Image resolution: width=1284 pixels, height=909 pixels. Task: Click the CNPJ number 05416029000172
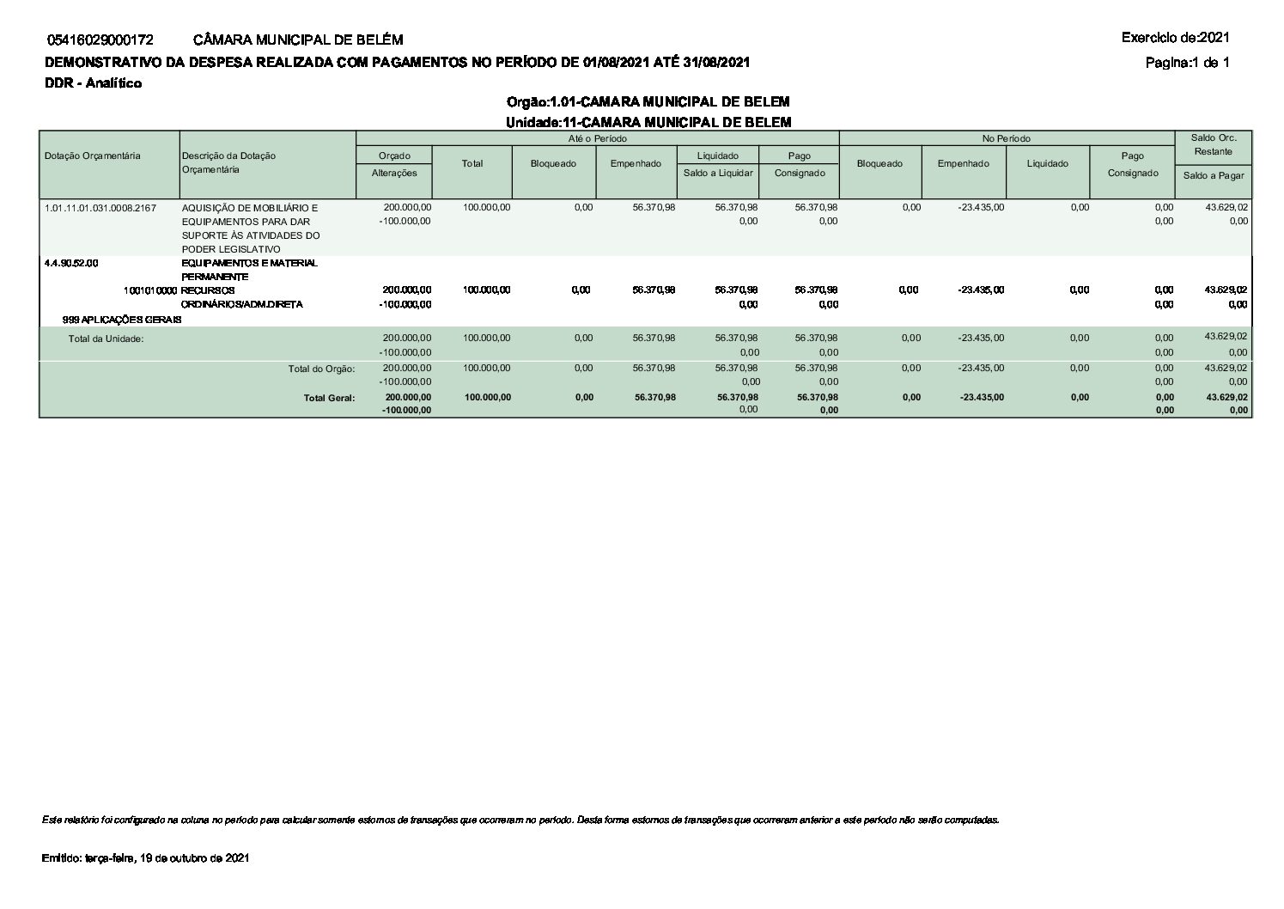[x=100, y=40]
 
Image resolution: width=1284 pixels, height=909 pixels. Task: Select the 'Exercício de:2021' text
[x=1175, y=37]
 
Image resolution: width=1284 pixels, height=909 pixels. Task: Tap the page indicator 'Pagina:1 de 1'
[x=1187, y=62]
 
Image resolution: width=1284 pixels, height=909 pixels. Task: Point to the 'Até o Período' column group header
[x=597, y=138]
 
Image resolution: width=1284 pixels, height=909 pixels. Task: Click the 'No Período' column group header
[x=1007, y=138]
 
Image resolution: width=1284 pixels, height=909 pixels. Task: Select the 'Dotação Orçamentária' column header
[x=92, y=156]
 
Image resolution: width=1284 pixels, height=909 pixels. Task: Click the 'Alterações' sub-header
[x=394, y=173]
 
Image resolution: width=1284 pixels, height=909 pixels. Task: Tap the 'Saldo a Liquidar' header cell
[x=718, y=173]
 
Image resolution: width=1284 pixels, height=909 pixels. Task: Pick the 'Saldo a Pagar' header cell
[x=1213, y=175]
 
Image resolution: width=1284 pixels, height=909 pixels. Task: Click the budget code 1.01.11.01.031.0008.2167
[x=100, y=208]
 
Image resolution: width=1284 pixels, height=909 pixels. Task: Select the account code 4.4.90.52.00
[x=71, y=263]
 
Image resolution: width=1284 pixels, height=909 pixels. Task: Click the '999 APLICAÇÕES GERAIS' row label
[x=122, y=319]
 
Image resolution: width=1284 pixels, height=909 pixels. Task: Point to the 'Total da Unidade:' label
[x=106, y=339]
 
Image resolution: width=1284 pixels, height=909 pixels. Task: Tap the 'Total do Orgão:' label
[x=321, y=369]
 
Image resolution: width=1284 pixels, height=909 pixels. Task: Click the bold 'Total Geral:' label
[x=329, y=398]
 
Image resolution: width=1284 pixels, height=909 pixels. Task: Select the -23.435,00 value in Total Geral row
[x=980, y=397]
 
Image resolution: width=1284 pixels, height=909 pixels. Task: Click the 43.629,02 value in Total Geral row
[x=1226, y=397]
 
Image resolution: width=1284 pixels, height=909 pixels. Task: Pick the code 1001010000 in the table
[x=150, y=290]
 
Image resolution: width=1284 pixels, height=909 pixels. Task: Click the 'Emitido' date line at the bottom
[x=145, y=858]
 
